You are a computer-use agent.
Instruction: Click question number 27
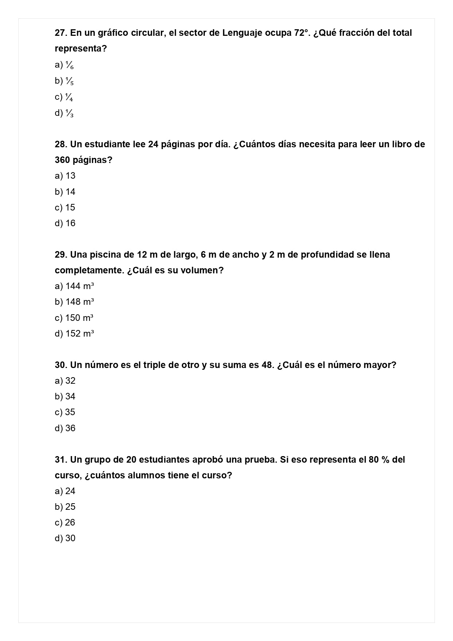point(61,33)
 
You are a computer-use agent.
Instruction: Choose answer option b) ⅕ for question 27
point(64,81)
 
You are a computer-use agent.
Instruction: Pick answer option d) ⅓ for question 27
point(64,113)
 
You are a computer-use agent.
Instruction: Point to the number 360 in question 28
point(62,160)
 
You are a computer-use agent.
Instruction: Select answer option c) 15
point(65,208)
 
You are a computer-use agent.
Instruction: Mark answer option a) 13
point(65,176)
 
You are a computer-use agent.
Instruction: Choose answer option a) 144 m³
point(74,286)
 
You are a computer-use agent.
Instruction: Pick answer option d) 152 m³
point(74,334)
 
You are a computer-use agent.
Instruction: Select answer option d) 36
point(65,428)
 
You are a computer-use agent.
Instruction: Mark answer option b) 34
point(65,397)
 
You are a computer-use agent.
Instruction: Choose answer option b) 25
point(65,507)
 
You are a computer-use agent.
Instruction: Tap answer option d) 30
point(65,538)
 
